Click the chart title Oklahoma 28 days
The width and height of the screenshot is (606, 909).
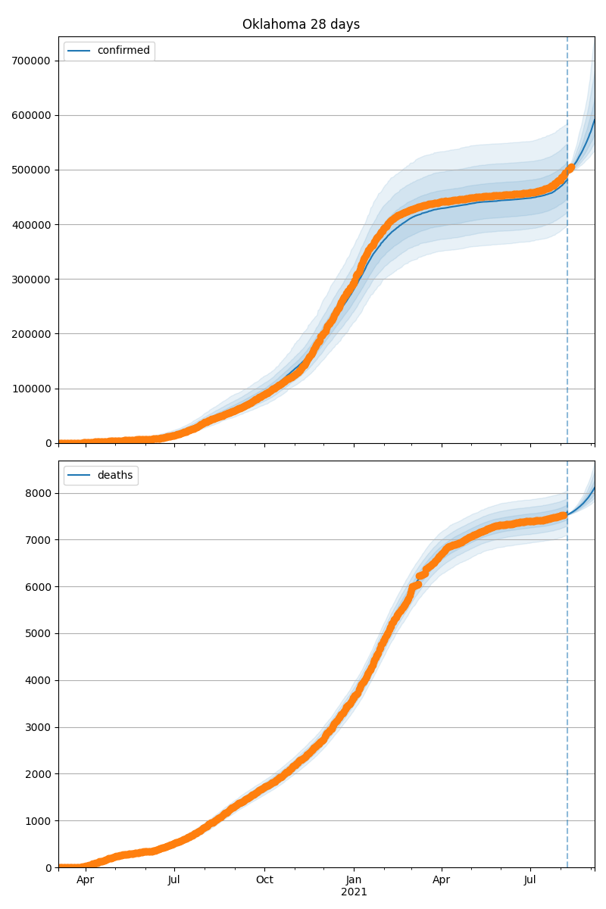click(x=301, y=24)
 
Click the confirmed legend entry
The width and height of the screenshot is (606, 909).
click(x=123, y=51)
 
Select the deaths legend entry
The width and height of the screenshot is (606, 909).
click(x=114, y=475)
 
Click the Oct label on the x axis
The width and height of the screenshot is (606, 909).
click(x=264, y=879)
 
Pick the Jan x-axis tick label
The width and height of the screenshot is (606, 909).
click(x=354, y=879)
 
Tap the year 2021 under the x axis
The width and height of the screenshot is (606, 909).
click(x=354, y=892)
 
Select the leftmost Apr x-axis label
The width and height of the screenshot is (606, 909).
click(x=85, y=879)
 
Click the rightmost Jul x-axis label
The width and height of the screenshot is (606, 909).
click(x=530, y=879)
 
